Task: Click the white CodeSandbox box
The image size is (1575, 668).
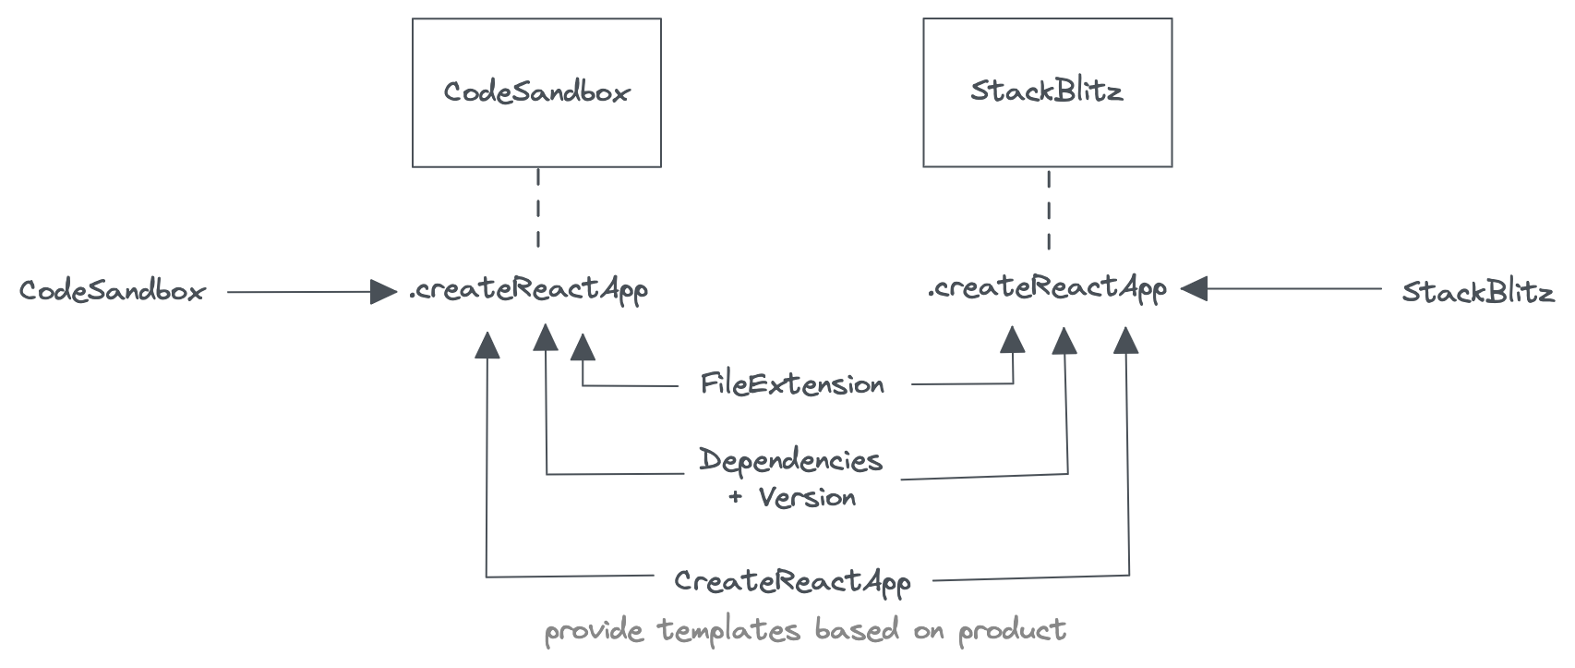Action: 536,92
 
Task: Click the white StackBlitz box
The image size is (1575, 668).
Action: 1047,92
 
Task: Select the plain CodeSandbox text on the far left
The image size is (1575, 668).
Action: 112,292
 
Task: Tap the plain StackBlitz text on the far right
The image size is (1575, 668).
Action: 1477,293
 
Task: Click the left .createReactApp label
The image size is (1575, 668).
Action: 528,289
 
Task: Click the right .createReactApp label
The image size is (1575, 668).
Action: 1047,288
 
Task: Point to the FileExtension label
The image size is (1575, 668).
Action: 792,383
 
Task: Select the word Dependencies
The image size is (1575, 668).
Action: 790,459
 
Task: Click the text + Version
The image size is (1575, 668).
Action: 792,498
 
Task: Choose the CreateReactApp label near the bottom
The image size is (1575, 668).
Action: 792,581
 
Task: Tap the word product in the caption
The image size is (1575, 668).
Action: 1012,631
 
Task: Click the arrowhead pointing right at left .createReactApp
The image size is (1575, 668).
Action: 383,292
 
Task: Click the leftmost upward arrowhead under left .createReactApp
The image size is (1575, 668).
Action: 487,345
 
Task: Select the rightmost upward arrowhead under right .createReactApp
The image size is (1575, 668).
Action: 1126,340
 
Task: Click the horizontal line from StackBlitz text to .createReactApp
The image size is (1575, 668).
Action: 1292,289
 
